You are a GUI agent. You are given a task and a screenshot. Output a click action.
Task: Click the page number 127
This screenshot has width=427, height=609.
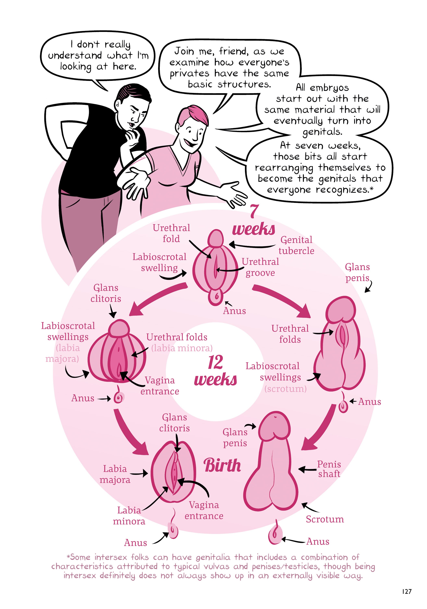406,591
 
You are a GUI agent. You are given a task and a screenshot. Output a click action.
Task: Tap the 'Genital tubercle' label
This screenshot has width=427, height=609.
296,245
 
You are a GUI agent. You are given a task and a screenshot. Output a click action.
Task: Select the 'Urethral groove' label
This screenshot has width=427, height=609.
260,267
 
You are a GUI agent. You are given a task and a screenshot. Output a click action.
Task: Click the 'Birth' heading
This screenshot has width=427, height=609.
222,465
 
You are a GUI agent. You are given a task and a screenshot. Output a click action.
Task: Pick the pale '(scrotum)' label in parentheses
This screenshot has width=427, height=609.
285,389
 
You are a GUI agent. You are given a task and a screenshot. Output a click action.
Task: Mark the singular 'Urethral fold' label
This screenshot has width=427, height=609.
171,233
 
